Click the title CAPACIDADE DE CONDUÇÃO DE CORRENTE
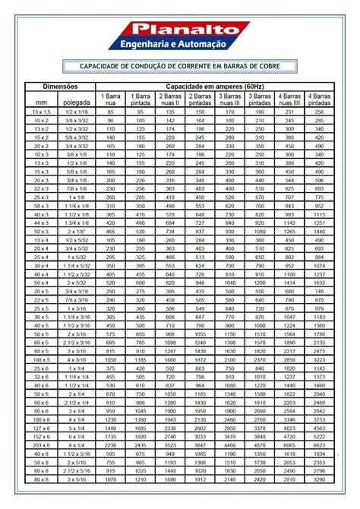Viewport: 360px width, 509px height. coord(180,68)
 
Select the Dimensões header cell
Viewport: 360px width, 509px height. coord(60,87)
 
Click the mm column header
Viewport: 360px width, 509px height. coord(40,101)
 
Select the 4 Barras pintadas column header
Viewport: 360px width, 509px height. coord(319,98)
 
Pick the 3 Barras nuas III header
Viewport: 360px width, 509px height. coord(229,98)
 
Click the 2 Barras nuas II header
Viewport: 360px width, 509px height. coord(169,98)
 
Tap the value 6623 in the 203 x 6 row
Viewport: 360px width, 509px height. coord(319,445)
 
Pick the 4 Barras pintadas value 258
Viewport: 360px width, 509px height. coord(319,112)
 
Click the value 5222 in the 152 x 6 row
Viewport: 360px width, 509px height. coord(319,437)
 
